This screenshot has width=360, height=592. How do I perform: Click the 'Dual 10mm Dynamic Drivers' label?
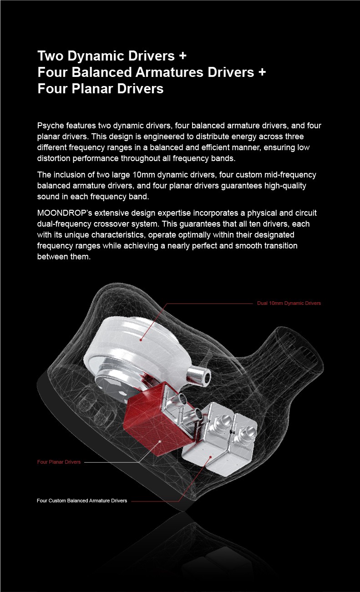(x=289, y=303)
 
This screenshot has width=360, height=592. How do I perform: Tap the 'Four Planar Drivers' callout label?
(x=59, y=462)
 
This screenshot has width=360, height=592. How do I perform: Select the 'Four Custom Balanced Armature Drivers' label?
(x=81, y=501)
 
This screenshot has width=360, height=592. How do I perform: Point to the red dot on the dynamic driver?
(x=142, y=339)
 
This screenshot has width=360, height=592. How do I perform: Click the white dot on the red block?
(x=160, y=441)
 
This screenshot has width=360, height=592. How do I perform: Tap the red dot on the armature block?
(x=210, y=456)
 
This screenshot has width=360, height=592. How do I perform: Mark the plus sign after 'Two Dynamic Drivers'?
(x=183, y=56)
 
